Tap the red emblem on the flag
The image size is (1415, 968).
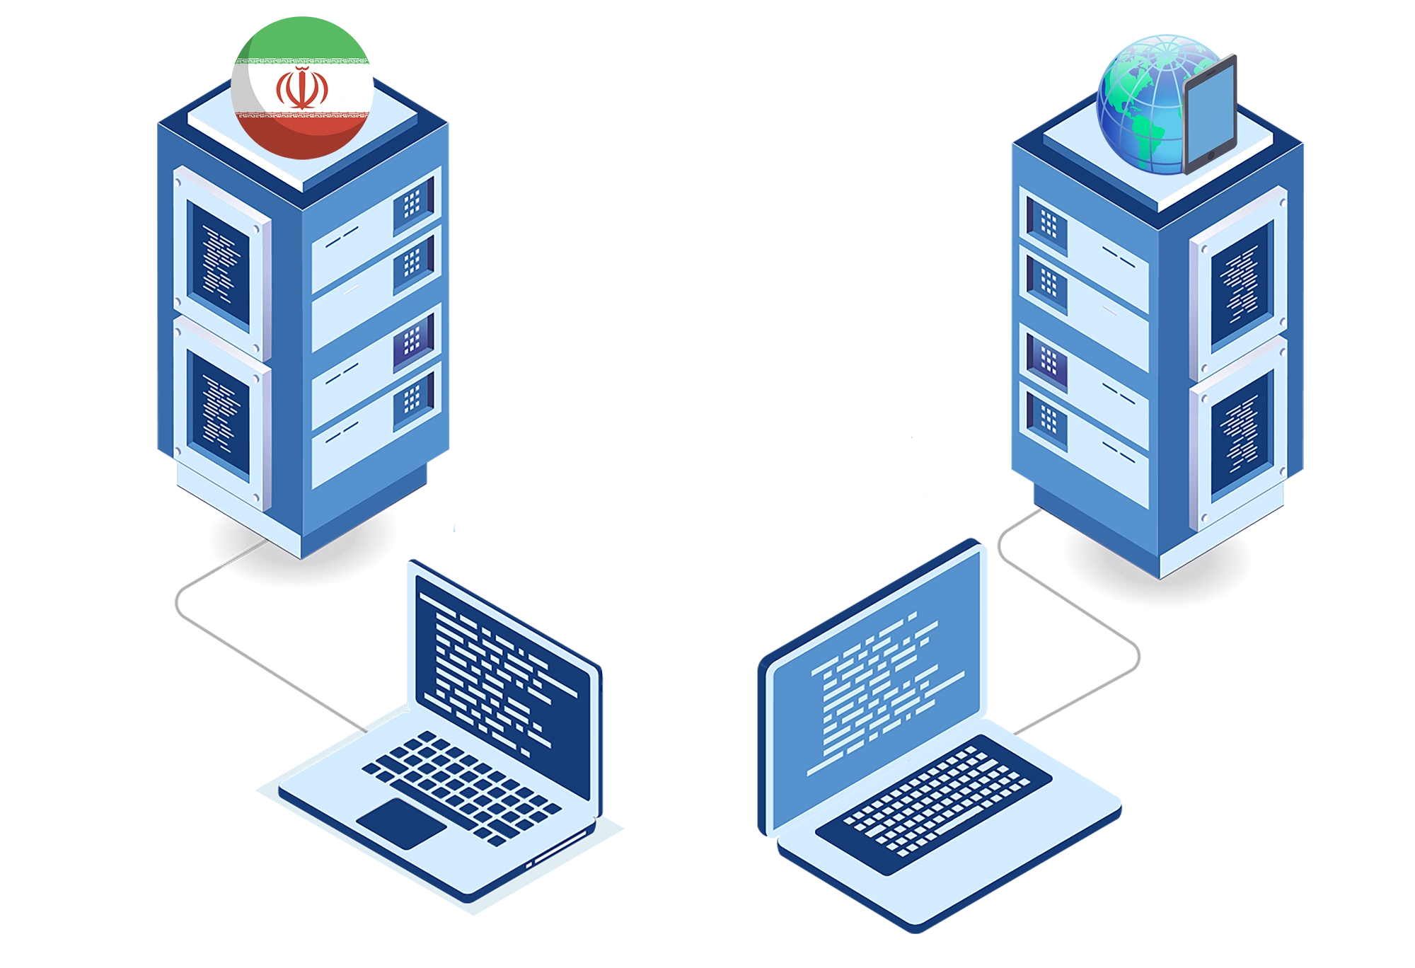[302, 89]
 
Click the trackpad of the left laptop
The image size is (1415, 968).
[401, 823]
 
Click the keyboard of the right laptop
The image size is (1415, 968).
[934, 803]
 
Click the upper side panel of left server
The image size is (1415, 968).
[219, 262]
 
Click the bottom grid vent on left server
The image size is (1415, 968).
[413, 400]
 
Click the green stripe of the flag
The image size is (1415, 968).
[302, 39]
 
